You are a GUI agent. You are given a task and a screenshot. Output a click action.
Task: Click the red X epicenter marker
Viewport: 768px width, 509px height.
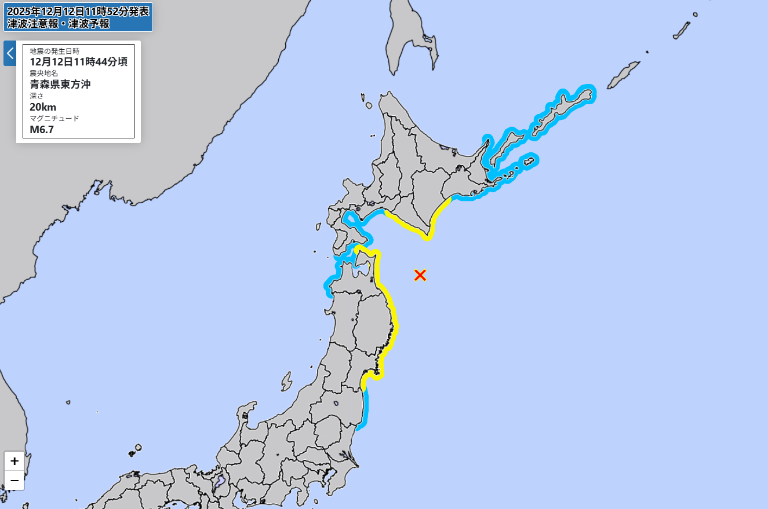click(x=420, y=275)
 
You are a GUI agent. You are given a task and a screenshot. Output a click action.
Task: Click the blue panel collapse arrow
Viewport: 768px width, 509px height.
click(x=10, y=53)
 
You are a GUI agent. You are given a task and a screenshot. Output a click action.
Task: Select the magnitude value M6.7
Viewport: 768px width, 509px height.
click(x=42, y=129)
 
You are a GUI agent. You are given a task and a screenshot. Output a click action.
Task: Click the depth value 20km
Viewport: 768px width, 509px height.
click(x=43, y=107)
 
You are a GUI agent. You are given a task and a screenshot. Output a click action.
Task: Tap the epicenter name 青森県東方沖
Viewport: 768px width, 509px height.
click(x=60, y=84)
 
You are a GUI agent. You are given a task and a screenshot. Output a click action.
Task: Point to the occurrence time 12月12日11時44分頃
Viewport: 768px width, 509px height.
click(x=78, y=62)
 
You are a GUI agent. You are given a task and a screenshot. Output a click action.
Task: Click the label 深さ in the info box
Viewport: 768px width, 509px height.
click(x=37, y=96)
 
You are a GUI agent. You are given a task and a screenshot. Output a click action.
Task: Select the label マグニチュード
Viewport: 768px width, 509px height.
click(x=54, y=118)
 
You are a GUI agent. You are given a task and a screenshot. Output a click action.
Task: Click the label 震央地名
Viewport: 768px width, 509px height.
click(x=44, y=73)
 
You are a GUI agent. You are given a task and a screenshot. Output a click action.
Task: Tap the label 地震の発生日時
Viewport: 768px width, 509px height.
click(x=54, y=51)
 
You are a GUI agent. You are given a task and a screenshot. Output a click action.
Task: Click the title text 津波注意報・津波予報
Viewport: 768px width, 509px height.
click(x=58, y=24)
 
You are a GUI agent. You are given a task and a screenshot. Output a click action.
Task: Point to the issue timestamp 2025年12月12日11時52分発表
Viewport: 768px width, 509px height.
click(x=78, y=11)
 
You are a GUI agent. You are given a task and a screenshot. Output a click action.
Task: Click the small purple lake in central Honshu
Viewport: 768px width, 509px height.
click(x=220, y=481)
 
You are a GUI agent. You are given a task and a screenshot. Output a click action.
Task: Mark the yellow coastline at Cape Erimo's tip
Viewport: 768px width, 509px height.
click(x=428, y=236)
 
